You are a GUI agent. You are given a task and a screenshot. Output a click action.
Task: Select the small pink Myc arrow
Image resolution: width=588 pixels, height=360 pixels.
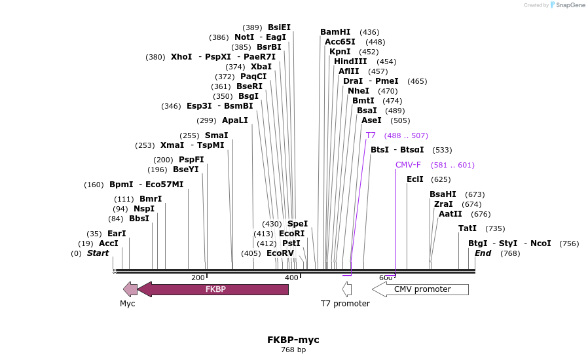coord(130,289)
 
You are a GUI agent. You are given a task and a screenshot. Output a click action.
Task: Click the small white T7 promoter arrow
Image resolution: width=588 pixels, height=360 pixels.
coord(347,289)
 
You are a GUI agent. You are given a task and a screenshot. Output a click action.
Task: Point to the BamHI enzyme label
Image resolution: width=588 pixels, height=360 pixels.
coord(335,32)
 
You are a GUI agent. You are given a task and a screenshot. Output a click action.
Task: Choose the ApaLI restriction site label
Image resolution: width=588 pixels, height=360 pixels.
coord(235,120)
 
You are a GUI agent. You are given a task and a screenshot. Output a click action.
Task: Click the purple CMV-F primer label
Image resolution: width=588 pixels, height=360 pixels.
coord(408,165)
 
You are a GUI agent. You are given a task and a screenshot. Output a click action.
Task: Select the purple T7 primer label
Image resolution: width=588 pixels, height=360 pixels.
coord(371,135)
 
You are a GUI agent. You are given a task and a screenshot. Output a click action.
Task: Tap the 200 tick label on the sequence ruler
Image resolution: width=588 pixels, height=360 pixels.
coord(198,278)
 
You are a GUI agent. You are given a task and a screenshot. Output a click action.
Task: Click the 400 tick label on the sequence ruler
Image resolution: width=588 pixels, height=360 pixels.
coord(291,278)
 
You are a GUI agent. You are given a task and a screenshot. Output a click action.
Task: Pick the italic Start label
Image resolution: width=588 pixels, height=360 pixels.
coord(98,253)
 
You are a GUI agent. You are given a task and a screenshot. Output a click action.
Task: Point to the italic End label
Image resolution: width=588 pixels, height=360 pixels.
coord(483,253)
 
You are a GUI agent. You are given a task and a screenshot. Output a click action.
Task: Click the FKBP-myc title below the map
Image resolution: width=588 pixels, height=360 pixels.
coord(293,340)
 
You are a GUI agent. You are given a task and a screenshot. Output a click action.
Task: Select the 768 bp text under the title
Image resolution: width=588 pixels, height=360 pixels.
coord(293,350)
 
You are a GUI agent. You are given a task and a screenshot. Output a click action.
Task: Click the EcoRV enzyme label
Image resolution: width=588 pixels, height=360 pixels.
coord(280,253)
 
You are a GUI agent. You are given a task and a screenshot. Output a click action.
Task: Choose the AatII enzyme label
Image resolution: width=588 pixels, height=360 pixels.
coord(450,214)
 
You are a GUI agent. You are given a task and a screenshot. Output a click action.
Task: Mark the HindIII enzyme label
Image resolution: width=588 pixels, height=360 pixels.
coord(350,62)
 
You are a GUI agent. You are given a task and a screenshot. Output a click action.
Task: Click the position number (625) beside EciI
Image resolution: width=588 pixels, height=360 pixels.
coord(441,179)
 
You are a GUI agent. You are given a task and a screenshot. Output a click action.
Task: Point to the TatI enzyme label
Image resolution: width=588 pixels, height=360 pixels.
coord(468,228)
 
